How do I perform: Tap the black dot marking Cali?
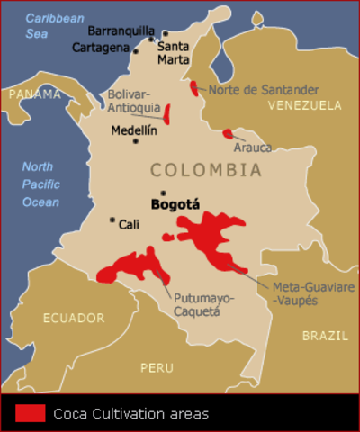pos(112,220)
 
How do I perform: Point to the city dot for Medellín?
pos(136,141)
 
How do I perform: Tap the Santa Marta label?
pos(174,52)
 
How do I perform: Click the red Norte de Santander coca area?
pos(194,87)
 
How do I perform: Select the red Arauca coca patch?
pos(228,134)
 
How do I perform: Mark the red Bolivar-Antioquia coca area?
pos(167,112)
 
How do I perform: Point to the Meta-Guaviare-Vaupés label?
pos(312,292)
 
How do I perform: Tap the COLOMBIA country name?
pos(206,170)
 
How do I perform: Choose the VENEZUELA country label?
pos(304,105)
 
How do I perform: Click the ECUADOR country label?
pos(74,318)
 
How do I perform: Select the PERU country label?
pos(157,367)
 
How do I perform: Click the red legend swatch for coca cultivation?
pos(30,413)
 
